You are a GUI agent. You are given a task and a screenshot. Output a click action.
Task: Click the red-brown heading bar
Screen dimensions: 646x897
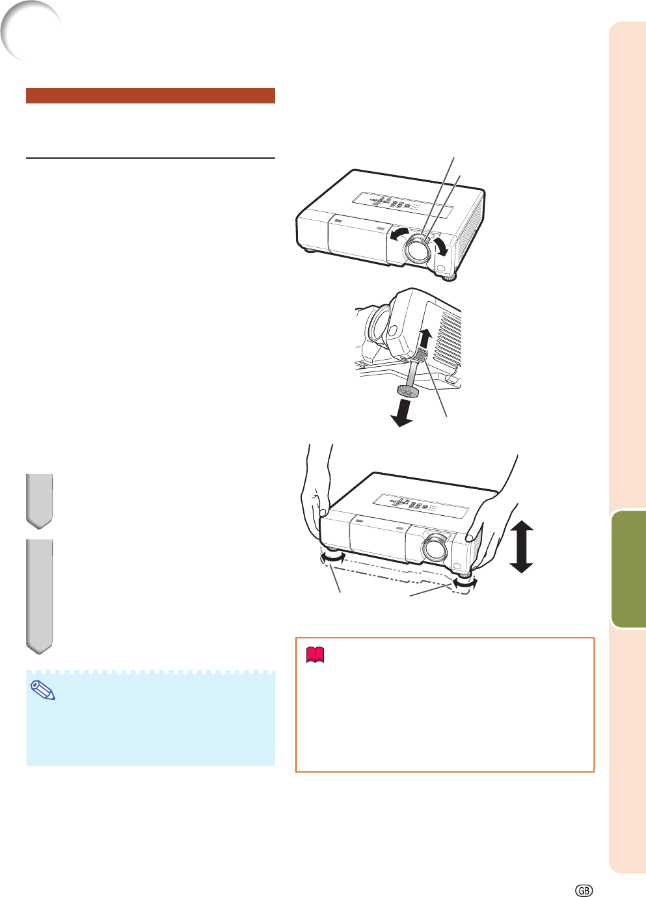click(x=150, y=96)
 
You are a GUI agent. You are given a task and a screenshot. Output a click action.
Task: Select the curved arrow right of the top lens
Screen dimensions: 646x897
click(x=441, y=246)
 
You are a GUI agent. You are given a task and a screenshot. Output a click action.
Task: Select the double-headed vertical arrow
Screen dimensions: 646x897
click(x=521, y=546)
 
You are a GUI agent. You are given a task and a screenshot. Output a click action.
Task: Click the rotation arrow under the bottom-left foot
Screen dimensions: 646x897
click(x=332, y=557)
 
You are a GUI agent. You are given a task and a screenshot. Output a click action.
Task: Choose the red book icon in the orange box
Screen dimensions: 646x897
click(x=315, y=655)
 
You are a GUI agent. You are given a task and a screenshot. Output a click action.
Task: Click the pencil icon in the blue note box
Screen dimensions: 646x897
click(x=43, y=690)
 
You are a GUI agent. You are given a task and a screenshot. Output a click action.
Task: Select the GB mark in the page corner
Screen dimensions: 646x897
click(x=584, y=890)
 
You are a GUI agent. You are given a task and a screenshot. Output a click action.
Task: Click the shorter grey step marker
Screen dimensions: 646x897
click(x=39, y=501)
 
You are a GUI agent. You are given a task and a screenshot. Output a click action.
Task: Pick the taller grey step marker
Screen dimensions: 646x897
click(x=39, y=596)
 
